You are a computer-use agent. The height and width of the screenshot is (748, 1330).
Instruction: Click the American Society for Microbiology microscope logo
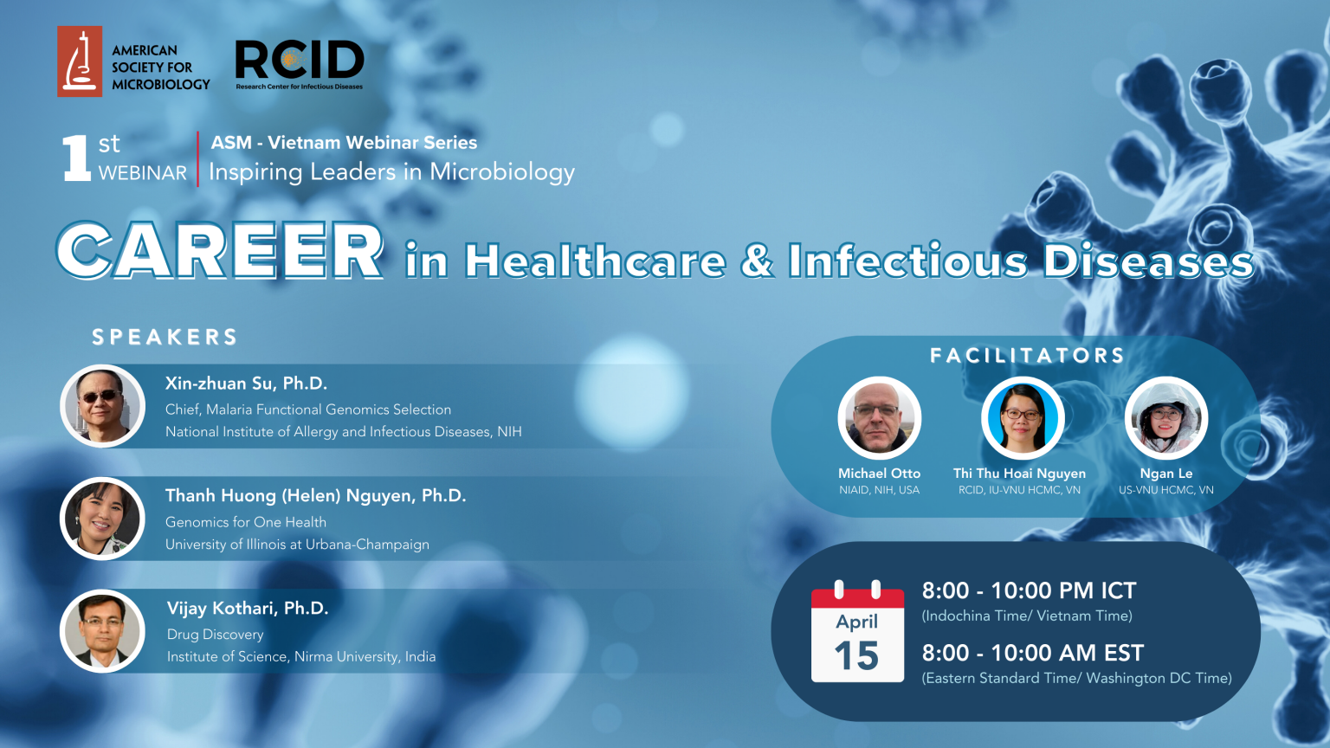coord(80,61)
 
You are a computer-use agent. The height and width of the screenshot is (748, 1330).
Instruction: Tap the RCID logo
coord(300,64)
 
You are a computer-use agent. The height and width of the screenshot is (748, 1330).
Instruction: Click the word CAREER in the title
coord(220,250)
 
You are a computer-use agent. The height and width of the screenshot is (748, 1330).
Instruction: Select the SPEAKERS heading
coord(165,337)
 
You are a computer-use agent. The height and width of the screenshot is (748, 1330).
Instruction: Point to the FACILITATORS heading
coord(1027,356)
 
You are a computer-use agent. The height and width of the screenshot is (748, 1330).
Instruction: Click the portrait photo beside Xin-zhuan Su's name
coord(103,406)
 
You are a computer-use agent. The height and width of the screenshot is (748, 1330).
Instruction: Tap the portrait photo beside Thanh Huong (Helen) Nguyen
coord(103,519)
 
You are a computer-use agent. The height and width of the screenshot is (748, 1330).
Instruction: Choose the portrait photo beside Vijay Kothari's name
coord(103,631)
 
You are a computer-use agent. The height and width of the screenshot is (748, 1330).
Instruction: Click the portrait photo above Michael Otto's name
coord(880,418)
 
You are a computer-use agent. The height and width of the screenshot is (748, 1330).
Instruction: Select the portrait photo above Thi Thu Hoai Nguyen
coord(1023,418)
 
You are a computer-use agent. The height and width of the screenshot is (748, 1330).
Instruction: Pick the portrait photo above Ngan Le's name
coord(1166,418)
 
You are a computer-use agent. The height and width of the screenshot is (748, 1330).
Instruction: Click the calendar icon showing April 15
coord(857,632)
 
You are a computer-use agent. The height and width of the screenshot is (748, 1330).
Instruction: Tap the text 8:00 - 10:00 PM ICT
coord(1029,590)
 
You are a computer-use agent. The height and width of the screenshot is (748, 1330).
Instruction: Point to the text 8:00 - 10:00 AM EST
coord(1032,653)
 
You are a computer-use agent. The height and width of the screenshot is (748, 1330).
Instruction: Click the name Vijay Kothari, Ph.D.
coord(248,608)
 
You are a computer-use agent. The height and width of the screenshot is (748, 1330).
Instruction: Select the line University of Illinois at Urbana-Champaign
coord(297,545)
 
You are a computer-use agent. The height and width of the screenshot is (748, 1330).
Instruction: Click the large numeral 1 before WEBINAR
coord(76,158)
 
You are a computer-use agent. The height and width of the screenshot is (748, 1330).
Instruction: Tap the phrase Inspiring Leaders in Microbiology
coord(392,172)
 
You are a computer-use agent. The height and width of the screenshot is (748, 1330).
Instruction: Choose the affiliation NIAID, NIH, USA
coord(880,490)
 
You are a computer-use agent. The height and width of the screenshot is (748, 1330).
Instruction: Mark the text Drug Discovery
coord(215,635)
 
